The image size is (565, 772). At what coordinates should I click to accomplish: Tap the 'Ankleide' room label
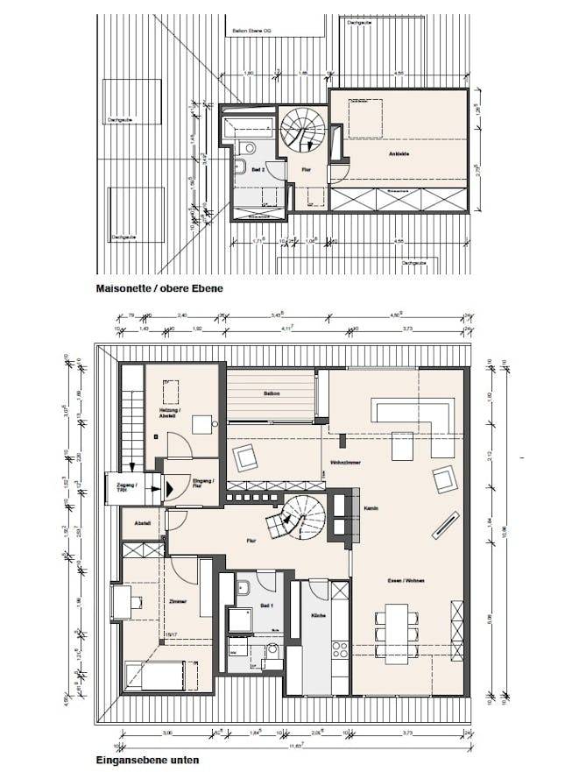[x=399, y=154]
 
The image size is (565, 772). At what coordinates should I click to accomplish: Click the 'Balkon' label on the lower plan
[x=271, y=393]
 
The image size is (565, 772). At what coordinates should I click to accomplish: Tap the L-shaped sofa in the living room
[x=412, y=414]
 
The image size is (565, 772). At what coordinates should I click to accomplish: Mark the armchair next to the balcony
[x=243, y=456]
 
